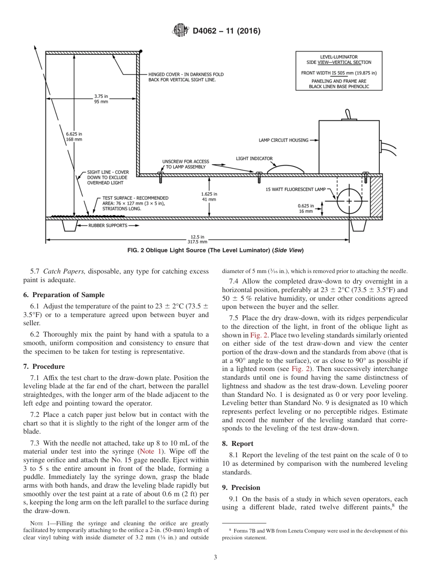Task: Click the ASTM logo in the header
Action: point(181,31)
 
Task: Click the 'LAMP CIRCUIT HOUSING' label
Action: point(283,140)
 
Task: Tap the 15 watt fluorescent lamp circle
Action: point(349,201)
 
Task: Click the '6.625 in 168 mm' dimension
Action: point(74,137)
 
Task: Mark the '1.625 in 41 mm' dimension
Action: point(209,196)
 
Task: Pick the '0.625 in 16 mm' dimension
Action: point(305,208)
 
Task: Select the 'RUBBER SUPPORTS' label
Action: point(108,225)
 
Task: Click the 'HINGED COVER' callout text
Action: point(186,77)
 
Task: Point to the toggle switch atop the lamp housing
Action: point(348,114)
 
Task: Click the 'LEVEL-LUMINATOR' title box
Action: point(338,71)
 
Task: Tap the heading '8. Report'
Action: point(237,444)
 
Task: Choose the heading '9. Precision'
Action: point(241,488)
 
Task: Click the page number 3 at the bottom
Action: point(215,557)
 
